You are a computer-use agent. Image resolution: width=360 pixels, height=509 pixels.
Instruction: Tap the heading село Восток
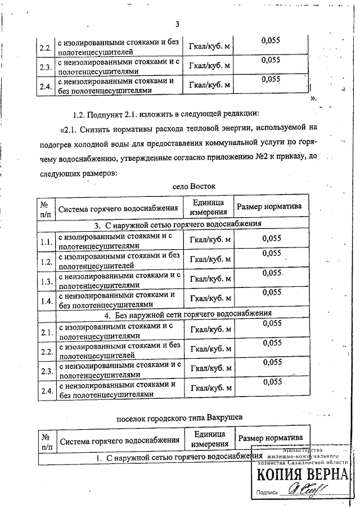pyautogui.click(x=194, y=186)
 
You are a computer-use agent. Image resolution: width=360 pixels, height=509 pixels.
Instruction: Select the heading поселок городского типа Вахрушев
pyautogui.click(x=179, y=418)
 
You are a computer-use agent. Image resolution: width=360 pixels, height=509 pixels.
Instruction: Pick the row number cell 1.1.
pyautogui.click(x=46, y=243)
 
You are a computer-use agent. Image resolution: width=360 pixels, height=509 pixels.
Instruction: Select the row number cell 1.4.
pyautogui.click(x=46, y=300)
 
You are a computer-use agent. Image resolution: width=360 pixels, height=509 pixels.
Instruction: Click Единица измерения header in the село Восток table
pyautogui.click(x=208, y=208)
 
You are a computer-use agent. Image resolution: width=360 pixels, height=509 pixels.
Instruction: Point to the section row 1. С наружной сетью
pyautogui.click(x=179, y=458)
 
